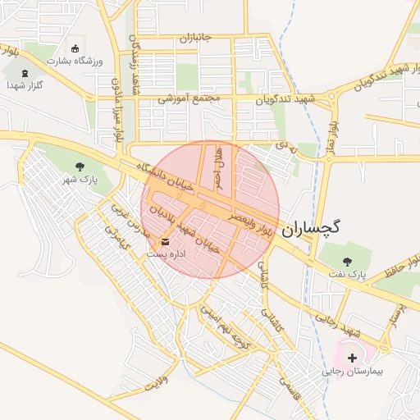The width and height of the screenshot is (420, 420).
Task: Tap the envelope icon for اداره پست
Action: [167, 242]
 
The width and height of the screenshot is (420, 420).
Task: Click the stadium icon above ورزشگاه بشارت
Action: [76, 48]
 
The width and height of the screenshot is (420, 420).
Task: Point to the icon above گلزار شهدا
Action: [25, 72]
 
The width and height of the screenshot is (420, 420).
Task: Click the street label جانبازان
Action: [196, 39]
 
